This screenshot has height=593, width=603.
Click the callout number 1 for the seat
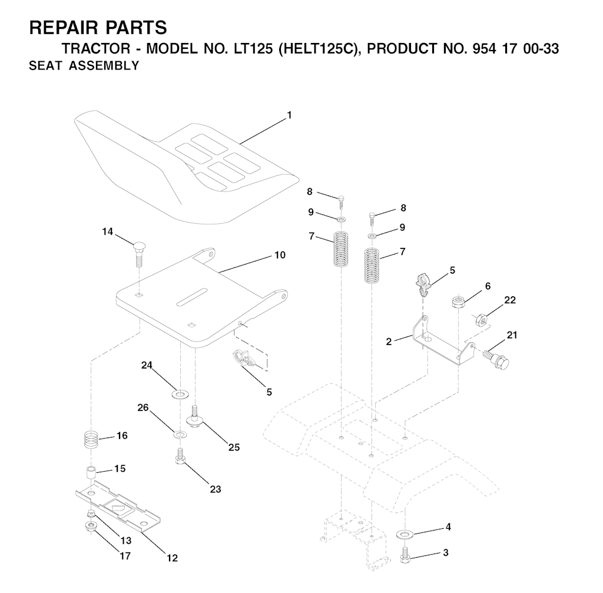point(289,115)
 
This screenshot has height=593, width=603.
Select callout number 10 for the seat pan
point(280,255)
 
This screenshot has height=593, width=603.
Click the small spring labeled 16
point(91,439)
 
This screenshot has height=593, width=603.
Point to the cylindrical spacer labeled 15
point(91,473)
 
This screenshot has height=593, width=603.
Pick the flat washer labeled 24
point(180,394)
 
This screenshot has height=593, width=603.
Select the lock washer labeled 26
point(179,435)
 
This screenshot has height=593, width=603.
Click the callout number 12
point(173,558)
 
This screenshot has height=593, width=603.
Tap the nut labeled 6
point(458,301)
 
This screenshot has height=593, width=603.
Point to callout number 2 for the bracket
point(389,342)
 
